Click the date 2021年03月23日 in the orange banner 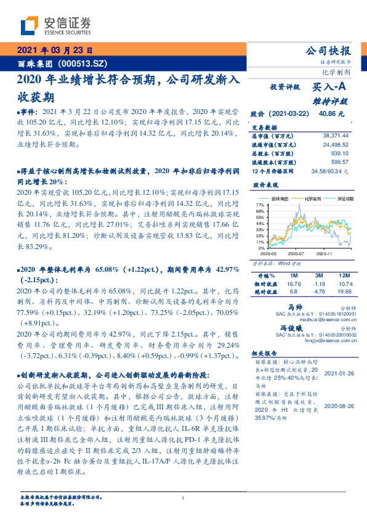[55, 52]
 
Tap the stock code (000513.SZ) [80, 63]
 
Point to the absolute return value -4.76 [318, 292]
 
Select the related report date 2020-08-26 [336, 407]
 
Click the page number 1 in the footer [183, 499]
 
